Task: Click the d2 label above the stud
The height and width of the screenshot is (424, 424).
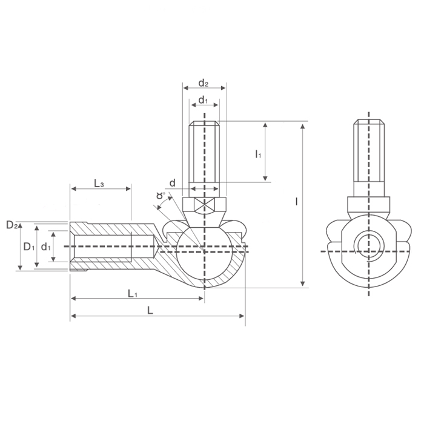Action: (x=204, y=83)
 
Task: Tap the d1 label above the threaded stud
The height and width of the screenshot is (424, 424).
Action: (x=203, y=100)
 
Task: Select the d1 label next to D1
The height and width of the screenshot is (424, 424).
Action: (x=45, y=247)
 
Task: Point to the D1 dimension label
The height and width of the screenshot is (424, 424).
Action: (x=29, y=247)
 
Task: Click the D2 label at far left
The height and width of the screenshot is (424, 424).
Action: (x=12, y=225)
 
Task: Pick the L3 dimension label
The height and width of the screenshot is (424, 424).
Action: (x=99, y=184)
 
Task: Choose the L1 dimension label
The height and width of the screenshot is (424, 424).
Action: (x=133, y=293)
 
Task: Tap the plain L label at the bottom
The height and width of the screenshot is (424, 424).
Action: (x=150, y=310)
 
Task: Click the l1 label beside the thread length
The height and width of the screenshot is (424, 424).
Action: (x=258, y=154)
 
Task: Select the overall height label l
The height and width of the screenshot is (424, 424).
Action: (x=296, y=202)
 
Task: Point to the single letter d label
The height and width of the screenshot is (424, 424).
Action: (x=172, y=183)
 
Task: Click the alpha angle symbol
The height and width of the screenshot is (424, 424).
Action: (x=161, y=195)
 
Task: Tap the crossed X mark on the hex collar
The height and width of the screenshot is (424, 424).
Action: (x=205, y=205)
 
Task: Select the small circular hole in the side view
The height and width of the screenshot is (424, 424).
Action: (x=369, y=246)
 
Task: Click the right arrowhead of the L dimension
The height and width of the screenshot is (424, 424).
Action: (x=242, y=316)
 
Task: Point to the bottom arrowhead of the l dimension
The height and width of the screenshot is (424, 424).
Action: (x=303, y=283)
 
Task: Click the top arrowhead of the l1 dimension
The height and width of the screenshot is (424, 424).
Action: (x=265, y=125)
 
